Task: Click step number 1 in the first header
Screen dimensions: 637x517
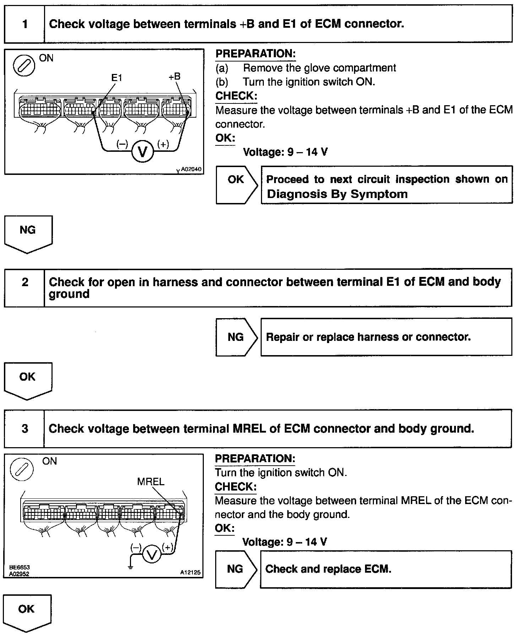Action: tap(25, 24)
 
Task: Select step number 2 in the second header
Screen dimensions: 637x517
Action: tap(25, 282)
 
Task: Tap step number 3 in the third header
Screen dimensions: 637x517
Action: tap(25, 429)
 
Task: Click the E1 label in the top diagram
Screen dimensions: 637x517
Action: tap(116, 78)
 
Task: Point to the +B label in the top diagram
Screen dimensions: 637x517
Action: tap(174, 76)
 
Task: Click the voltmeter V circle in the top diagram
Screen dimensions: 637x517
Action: tap(143, 152)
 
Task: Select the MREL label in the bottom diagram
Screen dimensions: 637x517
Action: tap(151, 482)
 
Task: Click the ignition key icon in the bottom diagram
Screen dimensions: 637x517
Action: tap(22, 469)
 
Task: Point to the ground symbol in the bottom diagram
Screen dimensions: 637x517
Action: tap(131, 567)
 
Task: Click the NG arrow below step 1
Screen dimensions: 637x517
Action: tap(28, 234)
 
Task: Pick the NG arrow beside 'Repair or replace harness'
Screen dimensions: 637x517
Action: tap(236, 337)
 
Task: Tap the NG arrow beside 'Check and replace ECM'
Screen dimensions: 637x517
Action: tap(235, 569)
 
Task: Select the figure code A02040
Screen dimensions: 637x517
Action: tap(191, 169)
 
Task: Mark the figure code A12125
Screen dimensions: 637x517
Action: tap(190, 573)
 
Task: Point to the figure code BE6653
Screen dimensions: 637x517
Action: tap(19, 568)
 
